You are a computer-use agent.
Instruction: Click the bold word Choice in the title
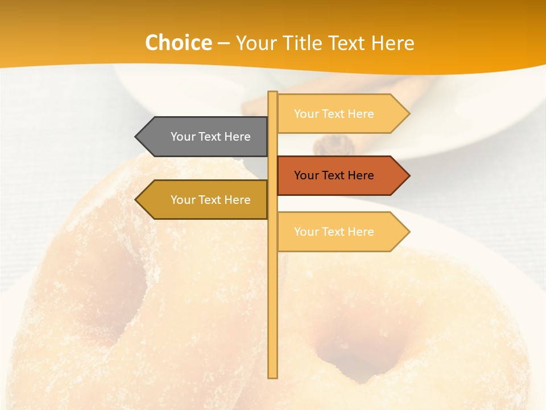pos(178,43)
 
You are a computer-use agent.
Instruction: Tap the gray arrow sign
pos(205,137)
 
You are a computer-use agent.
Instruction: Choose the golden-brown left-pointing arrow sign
pos(205,199)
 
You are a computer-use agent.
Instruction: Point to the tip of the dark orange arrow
pos(408,175)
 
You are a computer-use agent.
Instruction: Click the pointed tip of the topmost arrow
pos(408,114)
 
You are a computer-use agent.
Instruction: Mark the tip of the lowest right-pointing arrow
pos(408,232)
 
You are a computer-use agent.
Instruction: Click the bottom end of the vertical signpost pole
pos(273,376)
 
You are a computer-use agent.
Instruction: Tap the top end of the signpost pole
pos(273,93)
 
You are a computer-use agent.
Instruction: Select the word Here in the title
pos(392,43)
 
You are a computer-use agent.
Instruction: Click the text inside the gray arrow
pos(210,137)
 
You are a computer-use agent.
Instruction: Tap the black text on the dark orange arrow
pos(334,175)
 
